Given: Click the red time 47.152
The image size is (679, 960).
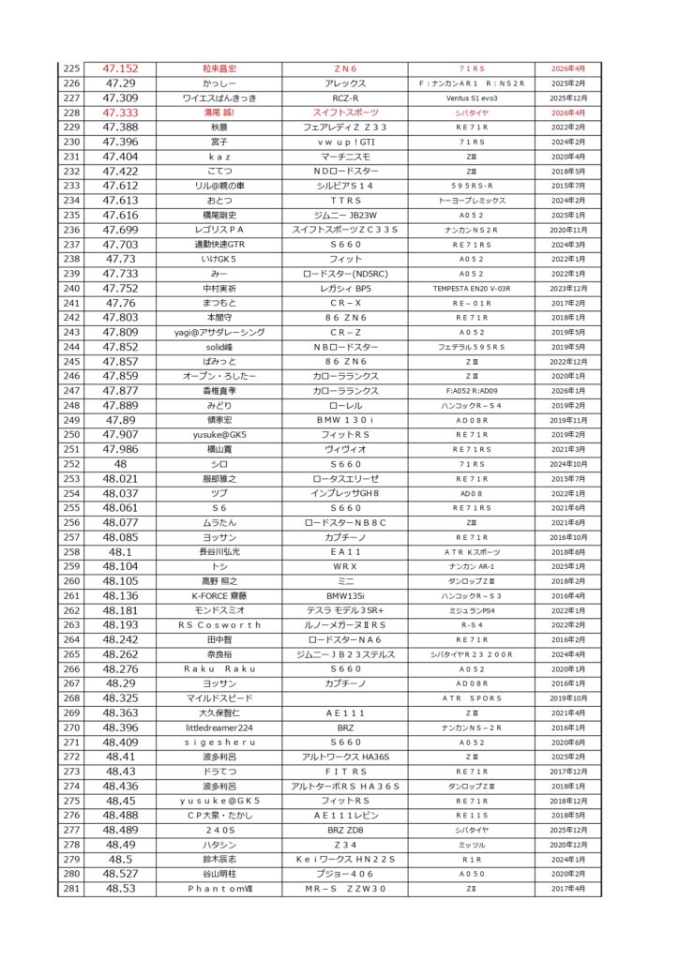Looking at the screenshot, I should click(x=120, y=68).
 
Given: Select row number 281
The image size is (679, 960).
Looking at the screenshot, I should click(x=71, y=888).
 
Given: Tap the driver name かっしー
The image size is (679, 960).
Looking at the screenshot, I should click(x=219, y=83).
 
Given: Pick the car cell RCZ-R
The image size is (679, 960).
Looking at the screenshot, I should click(x=344, y=97).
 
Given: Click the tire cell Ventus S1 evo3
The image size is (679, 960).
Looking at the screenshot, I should click(x=471, y=97).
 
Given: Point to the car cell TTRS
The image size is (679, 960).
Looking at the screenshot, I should click(x=344, y=200).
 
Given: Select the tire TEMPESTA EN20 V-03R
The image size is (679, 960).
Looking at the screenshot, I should click(x=471, y=288).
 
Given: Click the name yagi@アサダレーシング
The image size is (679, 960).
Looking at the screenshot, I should click(x=219, y=332).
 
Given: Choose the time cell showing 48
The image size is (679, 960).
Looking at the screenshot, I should click(x=120, y=464).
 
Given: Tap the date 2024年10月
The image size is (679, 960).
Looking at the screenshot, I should click(x=567, y=464).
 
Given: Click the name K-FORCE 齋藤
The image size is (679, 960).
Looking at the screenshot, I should click(x=219, y=595).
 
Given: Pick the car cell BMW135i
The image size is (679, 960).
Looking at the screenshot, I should click(x=344, y=595).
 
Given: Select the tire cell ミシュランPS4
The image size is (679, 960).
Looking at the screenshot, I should click(x=471, y=610).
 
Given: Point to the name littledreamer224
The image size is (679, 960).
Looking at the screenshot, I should click(x=219, y=727).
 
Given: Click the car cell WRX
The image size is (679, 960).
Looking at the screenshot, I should click(x=344, y=566).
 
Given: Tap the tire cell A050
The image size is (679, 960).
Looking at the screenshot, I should click(x=471, y=874).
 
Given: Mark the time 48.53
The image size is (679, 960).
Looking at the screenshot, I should click(x=120, y=888).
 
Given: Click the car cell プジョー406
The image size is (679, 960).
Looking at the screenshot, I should click(x=344, y=874).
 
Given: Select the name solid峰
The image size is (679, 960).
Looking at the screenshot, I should click(x=219, y=347).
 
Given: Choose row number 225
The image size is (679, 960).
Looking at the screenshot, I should click(x=71, y=68).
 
